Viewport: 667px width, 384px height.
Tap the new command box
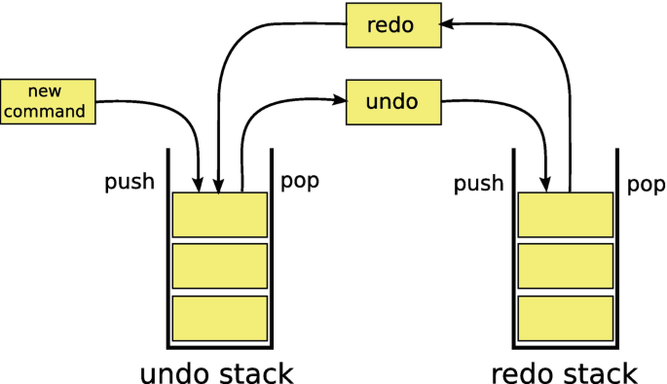point(49,101)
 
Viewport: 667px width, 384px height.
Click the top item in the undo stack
point(219,214)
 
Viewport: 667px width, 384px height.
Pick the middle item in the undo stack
point(219,265)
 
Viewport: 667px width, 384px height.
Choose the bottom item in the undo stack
point(219,317)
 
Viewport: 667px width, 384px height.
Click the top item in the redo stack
point(566,214)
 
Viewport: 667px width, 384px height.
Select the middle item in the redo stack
point(566,265)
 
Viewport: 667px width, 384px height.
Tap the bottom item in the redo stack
point(566,317)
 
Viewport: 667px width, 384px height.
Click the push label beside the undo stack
point(130,182)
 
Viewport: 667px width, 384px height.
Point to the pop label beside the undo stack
point(299,182)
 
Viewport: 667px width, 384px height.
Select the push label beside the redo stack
point(477,183)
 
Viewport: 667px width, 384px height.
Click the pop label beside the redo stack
point(646,183)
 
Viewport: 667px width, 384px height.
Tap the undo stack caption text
point(217,372)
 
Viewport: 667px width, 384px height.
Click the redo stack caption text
point(564,372)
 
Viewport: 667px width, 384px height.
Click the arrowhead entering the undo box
point(341,99)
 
